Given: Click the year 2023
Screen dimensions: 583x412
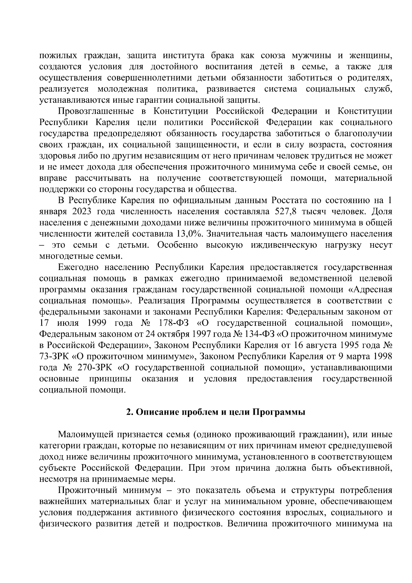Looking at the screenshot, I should [x=82, y=211].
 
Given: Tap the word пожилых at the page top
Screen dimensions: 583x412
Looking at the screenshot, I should [x=54, y=56].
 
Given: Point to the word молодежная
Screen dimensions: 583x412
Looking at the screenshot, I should [x=123, y=89].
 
